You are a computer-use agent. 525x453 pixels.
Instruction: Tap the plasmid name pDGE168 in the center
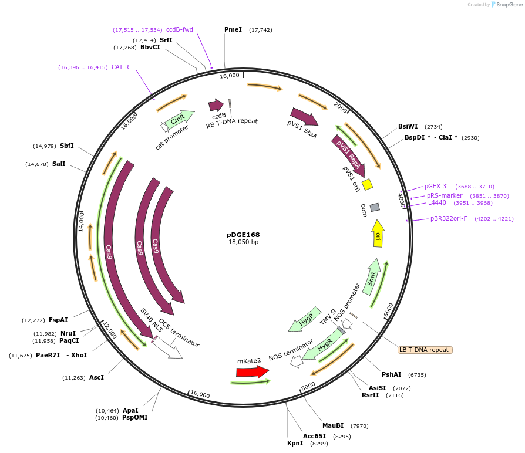(243, 235)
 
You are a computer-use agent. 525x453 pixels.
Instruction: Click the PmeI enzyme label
(233, 29)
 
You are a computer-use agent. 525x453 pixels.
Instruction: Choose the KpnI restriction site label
(295, 444)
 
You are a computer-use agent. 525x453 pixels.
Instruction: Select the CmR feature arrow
(179, 119)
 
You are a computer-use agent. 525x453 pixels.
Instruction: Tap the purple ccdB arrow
(216, 105)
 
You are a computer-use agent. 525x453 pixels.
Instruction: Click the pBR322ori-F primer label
(449, 218)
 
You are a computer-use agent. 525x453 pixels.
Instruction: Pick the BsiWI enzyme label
(408, 126)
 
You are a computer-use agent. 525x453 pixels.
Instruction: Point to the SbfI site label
(66, 146)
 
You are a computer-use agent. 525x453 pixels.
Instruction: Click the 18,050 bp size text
(243, 242)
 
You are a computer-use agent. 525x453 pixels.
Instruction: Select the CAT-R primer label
(120, 67)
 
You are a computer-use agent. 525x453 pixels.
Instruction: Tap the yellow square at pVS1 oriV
(368, 184)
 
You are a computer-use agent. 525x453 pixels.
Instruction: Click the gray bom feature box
(375, 207)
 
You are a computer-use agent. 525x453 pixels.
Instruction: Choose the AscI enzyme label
(96, 377)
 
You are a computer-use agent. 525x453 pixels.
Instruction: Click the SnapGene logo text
(507, 5)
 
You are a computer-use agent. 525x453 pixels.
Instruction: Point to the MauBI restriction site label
(333, 425)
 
